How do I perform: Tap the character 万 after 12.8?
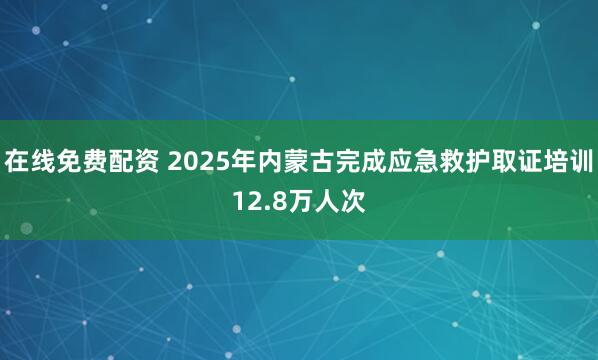click(289, 202)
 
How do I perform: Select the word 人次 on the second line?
click(326, 202)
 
